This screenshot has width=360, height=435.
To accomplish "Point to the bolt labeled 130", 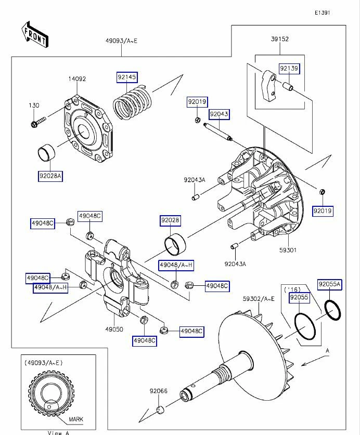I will point(38,123).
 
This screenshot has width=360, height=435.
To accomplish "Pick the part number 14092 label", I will point(78,79).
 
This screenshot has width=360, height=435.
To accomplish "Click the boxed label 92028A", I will point(50,176).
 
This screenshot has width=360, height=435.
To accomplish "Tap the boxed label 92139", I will point(289,69).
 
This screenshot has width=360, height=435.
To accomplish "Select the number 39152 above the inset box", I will point(279,38).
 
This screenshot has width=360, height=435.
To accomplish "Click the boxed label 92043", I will point(219,113).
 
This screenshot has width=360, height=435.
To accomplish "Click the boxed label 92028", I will point(170,221).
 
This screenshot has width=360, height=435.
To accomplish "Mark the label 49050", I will point(114,329).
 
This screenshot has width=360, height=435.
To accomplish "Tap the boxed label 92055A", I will point(329,284).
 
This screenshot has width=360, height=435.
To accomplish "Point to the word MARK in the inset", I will point(75,418).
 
